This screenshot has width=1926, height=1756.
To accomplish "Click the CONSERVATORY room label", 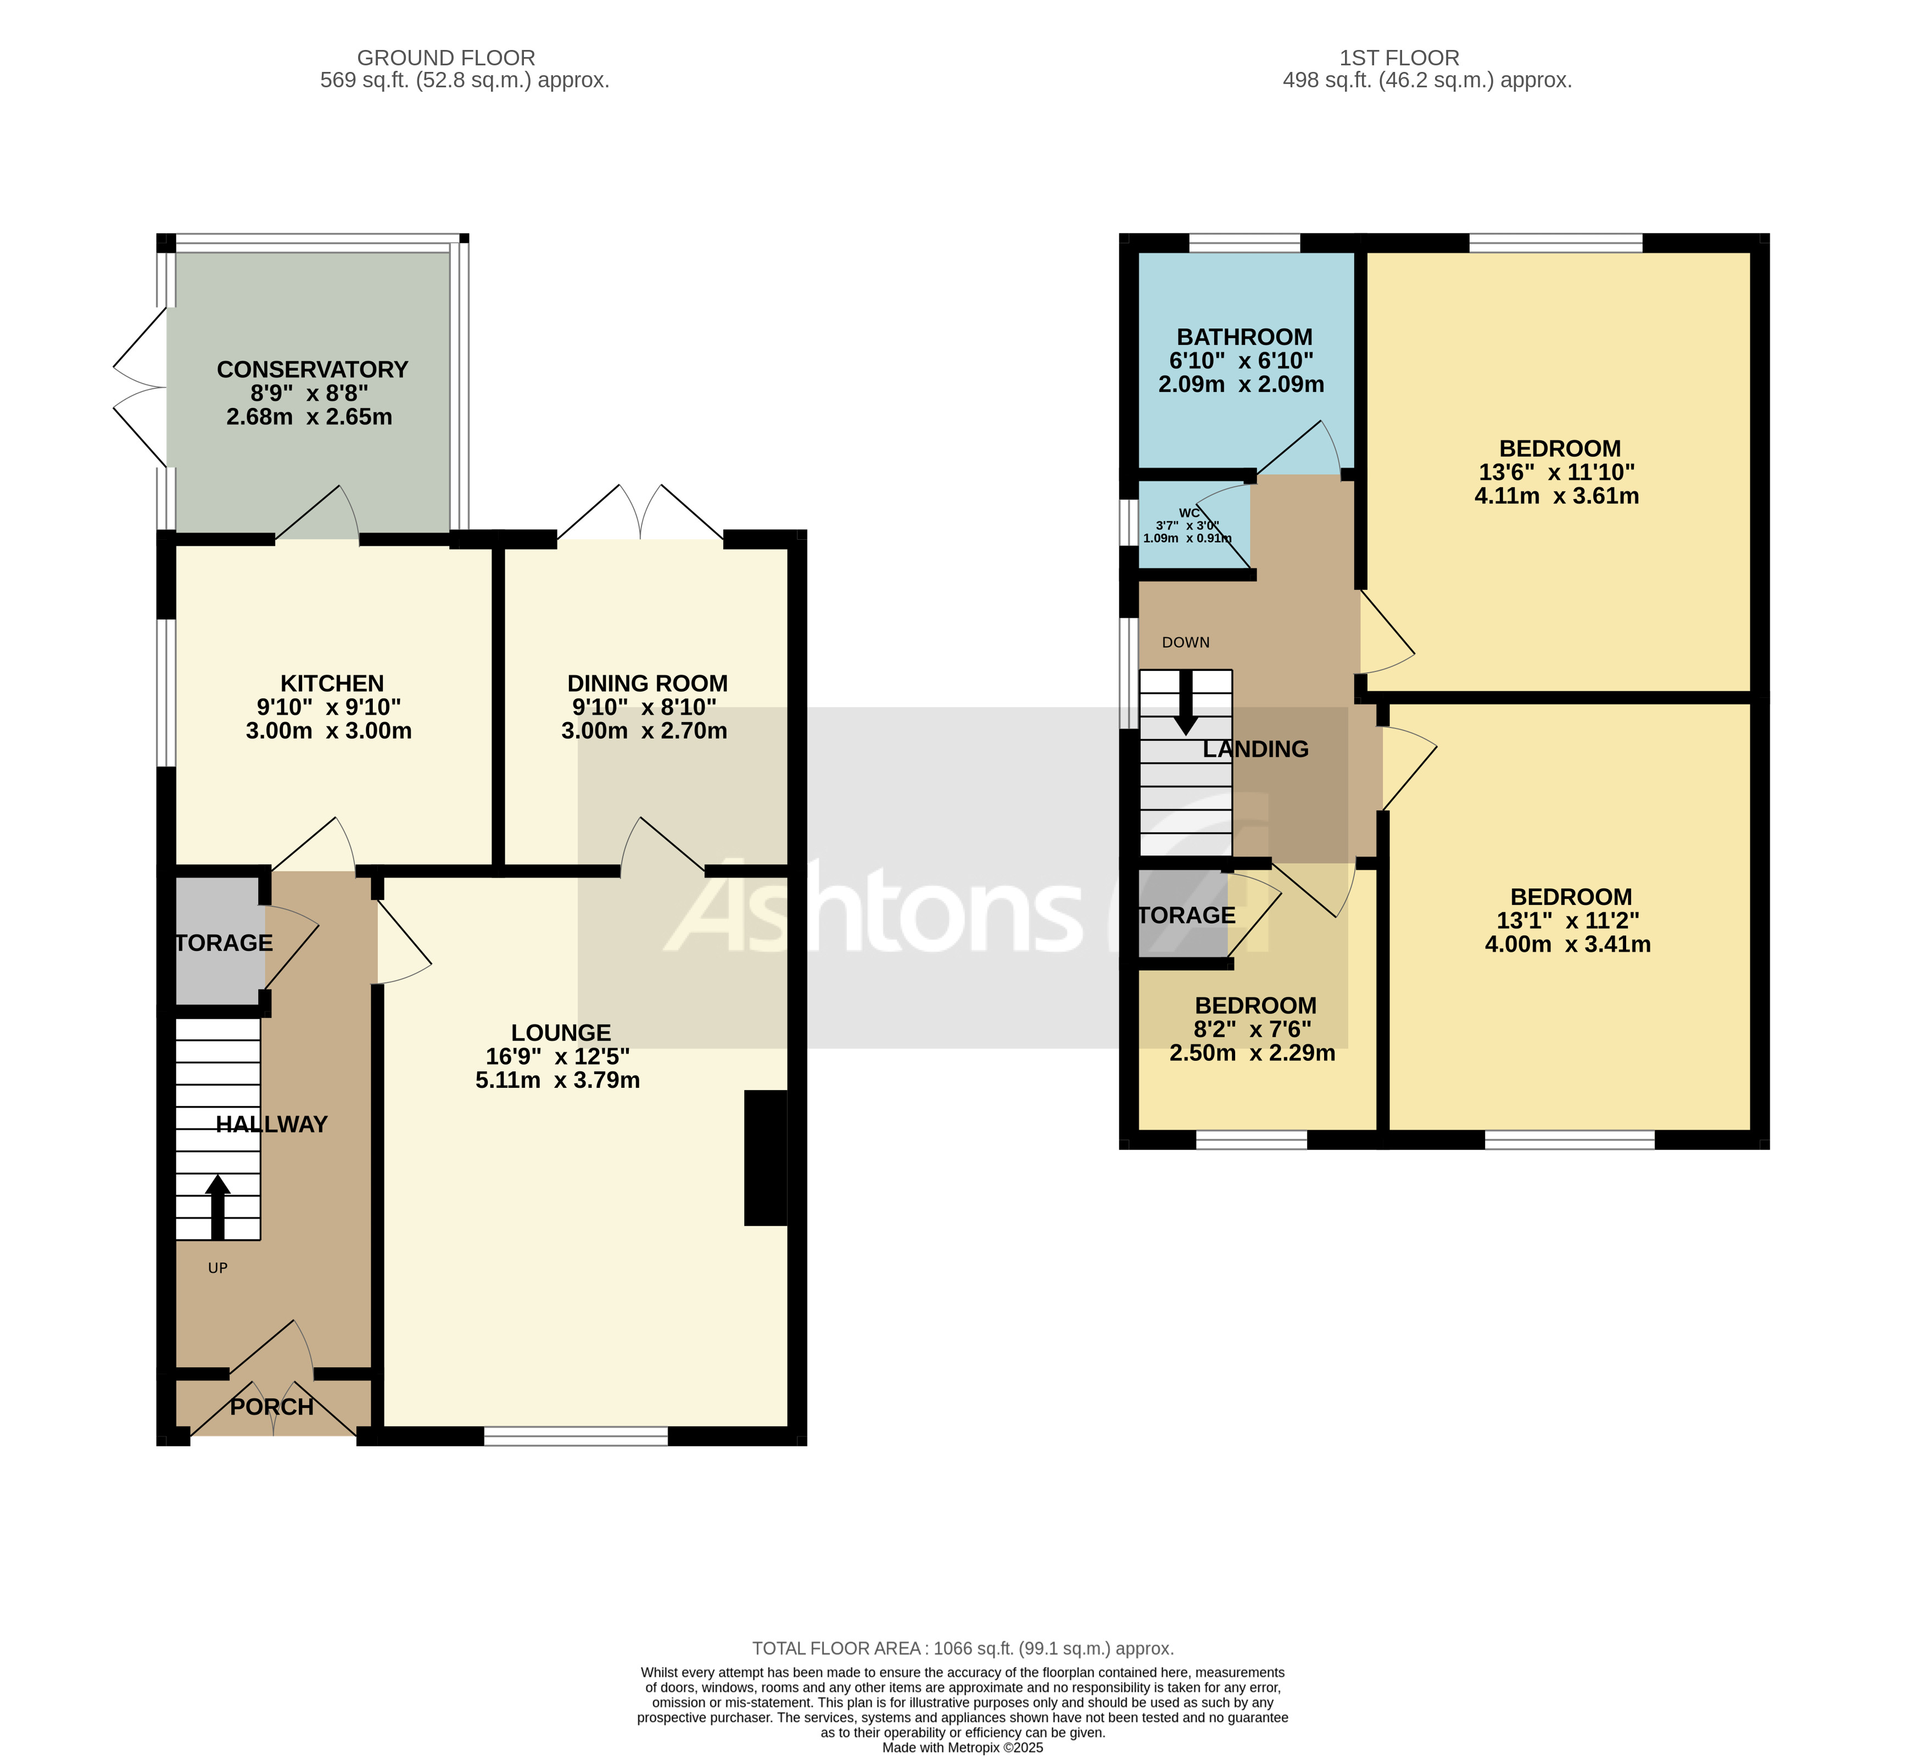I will (x=312, y=370).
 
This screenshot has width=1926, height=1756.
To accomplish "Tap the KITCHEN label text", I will (x=332, y=684).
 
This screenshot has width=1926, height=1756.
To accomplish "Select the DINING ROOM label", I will (x=647, y=684).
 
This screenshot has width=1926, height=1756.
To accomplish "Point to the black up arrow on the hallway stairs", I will (x=218, y=1207).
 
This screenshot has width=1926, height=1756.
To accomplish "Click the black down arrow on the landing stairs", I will (x=1186, y=703).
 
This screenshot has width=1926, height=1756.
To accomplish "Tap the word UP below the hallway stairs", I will (x=218, y=1269).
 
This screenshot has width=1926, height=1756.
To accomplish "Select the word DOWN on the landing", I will (x=1186, y=643).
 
